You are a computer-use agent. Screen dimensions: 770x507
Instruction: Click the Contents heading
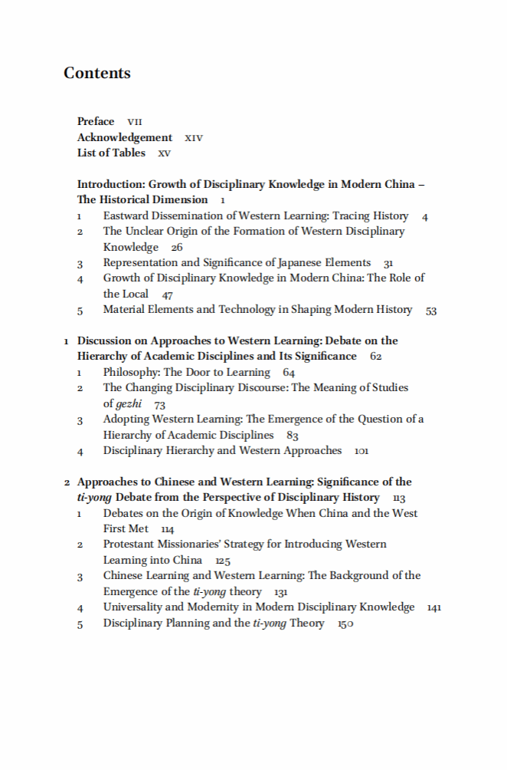[x=97, y=74]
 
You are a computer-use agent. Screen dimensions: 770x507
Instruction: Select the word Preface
[x=96, y=122]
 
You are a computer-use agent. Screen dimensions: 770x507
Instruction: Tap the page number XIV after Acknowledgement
[x=194, y=138]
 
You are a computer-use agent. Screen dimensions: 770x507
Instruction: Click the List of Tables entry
[x=111, y=153]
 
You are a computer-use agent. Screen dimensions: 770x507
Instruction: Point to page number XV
[x=165, y=153]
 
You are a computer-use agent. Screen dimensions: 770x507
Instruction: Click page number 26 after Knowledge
[x=177, y=248]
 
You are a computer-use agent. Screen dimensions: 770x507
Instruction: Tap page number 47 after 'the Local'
[x=168, y=295]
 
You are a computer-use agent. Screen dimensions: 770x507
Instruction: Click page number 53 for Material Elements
[x=431, y=311]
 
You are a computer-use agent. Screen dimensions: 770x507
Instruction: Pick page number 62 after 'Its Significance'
[x=375, y=357]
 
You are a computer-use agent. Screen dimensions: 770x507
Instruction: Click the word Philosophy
[x=132, y=373]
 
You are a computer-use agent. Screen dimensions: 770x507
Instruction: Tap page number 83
[x=292, y=436]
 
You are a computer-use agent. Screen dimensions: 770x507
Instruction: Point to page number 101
[x=361, y=451]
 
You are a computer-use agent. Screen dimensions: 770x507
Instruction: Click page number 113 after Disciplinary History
[x=398, y=499]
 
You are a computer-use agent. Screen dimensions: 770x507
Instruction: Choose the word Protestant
[x=129, y=545]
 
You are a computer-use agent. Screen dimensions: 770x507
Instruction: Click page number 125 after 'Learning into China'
[x=223, y=561]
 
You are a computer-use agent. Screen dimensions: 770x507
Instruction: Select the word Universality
[x=133, y=607]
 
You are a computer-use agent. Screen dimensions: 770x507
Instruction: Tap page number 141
[x=434, y=607]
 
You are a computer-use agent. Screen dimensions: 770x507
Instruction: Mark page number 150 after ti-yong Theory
[x=345, y=624]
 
